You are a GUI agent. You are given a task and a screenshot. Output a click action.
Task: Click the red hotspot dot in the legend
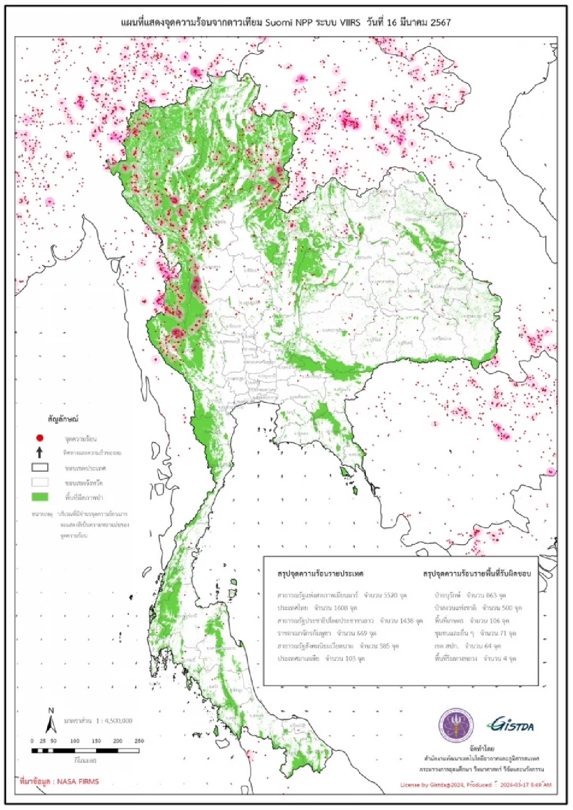click(x=40, y=438)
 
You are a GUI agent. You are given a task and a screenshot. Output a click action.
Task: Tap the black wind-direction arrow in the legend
click(x=40, y=452)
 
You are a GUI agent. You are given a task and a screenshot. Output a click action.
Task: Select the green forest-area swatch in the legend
click(x=40, y=497)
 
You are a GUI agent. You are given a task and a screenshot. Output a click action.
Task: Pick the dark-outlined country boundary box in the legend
click(x=40, y=467)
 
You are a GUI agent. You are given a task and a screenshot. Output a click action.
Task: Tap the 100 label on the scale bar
click(x=75, y=741)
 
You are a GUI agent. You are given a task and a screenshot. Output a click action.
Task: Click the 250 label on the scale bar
click(x=139, y=741)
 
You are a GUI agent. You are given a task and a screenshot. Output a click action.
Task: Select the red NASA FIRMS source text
click(x=59, y=781)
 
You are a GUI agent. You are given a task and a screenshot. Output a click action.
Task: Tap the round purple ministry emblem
click(x=456, y=725)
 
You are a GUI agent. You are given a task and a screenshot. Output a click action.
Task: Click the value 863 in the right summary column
click(x=491, y=595)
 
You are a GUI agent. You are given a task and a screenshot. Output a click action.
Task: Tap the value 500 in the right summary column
click(x=507, y=608)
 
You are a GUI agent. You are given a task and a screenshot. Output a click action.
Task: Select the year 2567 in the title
click(x=440, y=22)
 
